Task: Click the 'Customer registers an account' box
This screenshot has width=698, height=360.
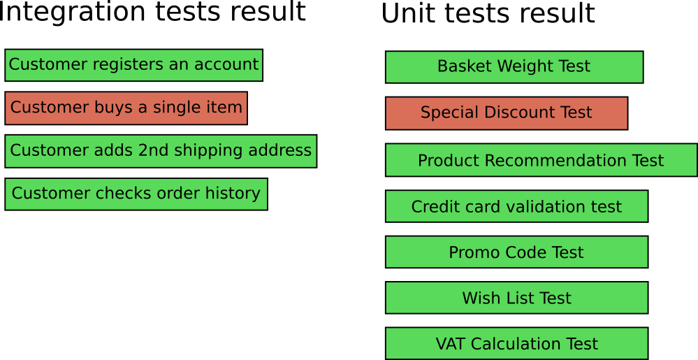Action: point(133,65)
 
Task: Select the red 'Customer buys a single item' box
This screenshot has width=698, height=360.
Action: point(126,108)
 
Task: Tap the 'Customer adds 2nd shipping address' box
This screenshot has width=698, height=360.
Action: point(161,151)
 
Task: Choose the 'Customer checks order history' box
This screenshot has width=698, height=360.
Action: point(136,194)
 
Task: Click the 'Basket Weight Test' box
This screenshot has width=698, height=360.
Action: point(514,67)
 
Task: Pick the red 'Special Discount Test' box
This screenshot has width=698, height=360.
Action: point(506,113)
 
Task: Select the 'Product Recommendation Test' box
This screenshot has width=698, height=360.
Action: point(541,160)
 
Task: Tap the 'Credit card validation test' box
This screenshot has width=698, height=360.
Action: point(516,206)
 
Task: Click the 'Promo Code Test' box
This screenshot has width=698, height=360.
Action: point(516,252)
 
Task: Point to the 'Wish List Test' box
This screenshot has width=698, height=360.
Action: point(516,298)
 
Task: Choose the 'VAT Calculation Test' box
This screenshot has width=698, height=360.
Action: point(516,343)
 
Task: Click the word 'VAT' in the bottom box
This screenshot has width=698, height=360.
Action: point(451,344)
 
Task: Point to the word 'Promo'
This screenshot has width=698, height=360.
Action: point(470,252)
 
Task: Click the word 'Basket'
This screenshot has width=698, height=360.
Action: point(460,66)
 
